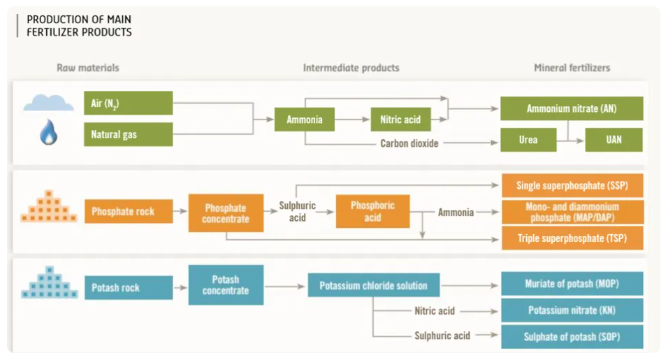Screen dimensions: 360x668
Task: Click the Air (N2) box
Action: (128, 103)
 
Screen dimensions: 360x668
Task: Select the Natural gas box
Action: (128, 134)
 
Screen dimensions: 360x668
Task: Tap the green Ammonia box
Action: (305, 120)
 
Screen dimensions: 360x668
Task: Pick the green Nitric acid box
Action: (400, 120)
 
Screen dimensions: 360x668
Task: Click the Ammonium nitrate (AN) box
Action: (572, 109)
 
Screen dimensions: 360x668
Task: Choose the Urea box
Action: (528, 140)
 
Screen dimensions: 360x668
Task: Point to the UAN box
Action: (613, 140)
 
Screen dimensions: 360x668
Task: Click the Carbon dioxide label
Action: (409, 143)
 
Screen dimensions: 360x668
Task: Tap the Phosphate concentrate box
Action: (226, 213)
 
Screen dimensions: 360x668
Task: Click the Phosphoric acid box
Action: (372, 211)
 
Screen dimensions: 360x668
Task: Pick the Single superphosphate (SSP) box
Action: (572, 186)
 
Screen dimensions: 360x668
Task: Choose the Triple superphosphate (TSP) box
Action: (572, 238)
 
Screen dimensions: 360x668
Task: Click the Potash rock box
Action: (128, 287)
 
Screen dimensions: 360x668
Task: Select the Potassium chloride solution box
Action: (373, 285)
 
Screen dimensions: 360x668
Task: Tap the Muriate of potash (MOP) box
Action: (572, 284)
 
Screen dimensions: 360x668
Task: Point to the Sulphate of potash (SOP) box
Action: (572, 337)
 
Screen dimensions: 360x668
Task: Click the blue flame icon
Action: (48, 132)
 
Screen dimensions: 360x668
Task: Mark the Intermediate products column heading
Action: (351, 68)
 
